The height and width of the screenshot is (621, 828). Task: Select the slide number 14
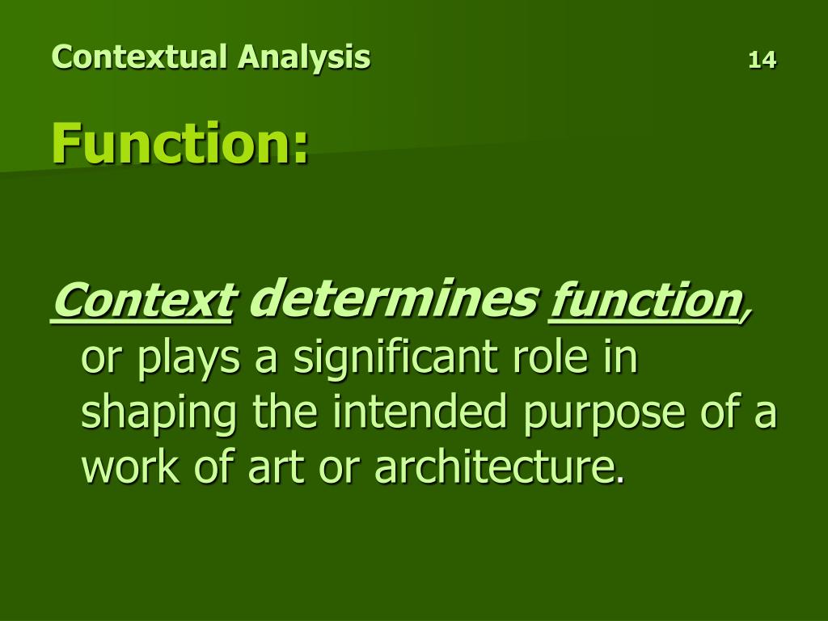click(x=762, y=59)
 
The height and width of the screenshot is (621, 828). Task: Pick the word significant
click(x=390, y=361)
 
